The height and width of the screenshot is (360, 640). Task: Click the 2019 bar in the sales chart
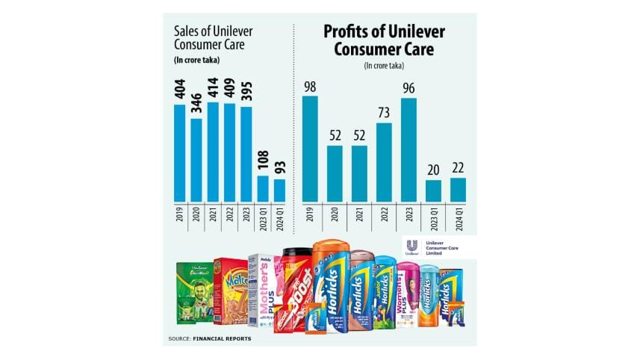(179, 152)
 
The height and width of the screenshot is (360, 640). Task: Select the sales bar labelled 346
(196, 160)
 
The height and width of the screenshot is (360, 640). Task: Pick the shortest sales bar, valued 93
(279, 190)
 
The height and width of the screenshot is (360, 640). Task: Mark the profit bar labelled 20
(434, 190)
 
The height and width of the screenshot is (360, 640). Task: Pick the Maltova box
(229, 291)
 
